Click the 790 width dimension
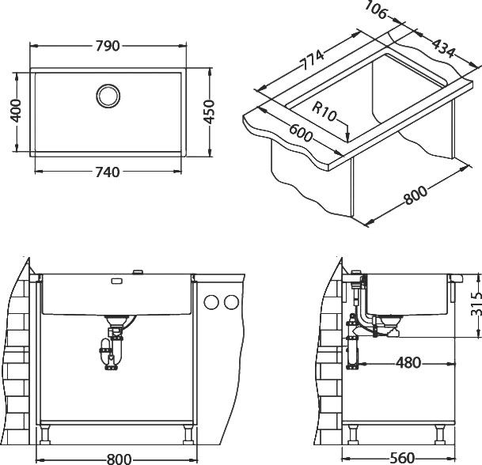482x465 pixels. coord(108,46)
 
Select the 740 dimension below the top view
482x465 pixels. coord(108,172)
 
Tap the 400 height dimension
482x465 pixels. coord(15,111)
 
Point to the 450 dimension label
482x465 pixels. coord(209,112)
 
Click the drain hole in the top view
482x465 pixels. coord(108,96)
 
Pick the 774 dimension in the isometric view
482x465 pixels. coord(312,60)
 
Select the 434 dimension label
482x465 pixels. coord(442,48)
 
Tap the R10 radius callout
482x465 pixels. coord(324,112)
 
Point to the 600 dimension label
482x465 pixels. coord(300,133)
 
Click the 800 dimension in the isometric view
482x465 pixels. coord(416,195)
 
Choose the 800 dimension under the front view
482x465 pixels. coord(119,459)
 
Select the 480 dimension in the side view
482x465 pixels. coord(408,363)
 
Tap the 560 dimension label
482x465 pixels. coord(402,458)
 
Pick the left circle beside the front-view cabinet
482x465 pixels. coord(211,302)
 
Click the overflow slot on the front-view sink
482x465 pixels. coord(116,281)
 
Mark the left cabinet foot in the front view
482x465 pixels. coord(45,434)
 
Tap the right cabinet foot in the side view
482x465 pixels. coord(440,434)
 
